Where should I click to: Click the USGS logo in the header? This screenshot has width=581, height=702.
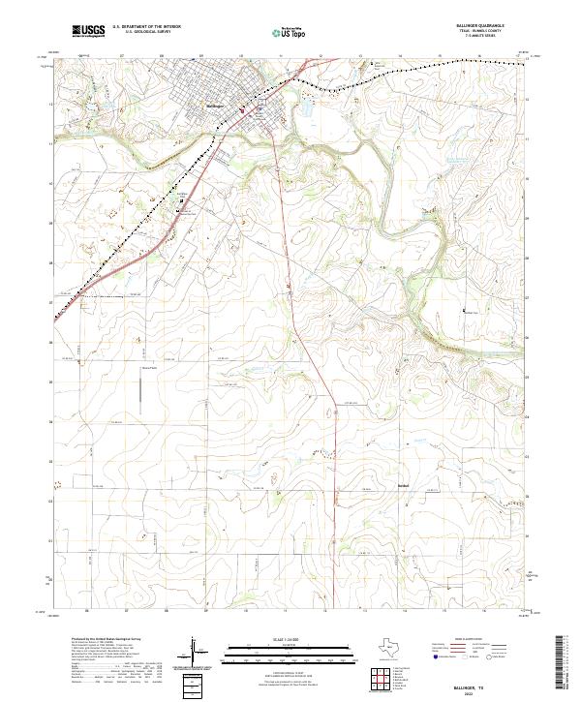88,31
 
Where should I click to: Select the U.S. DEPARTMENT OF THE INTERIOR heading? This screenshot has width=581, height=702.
146,27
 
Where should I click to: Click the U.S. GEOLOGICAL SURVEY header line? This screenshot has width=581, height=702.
146,32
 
